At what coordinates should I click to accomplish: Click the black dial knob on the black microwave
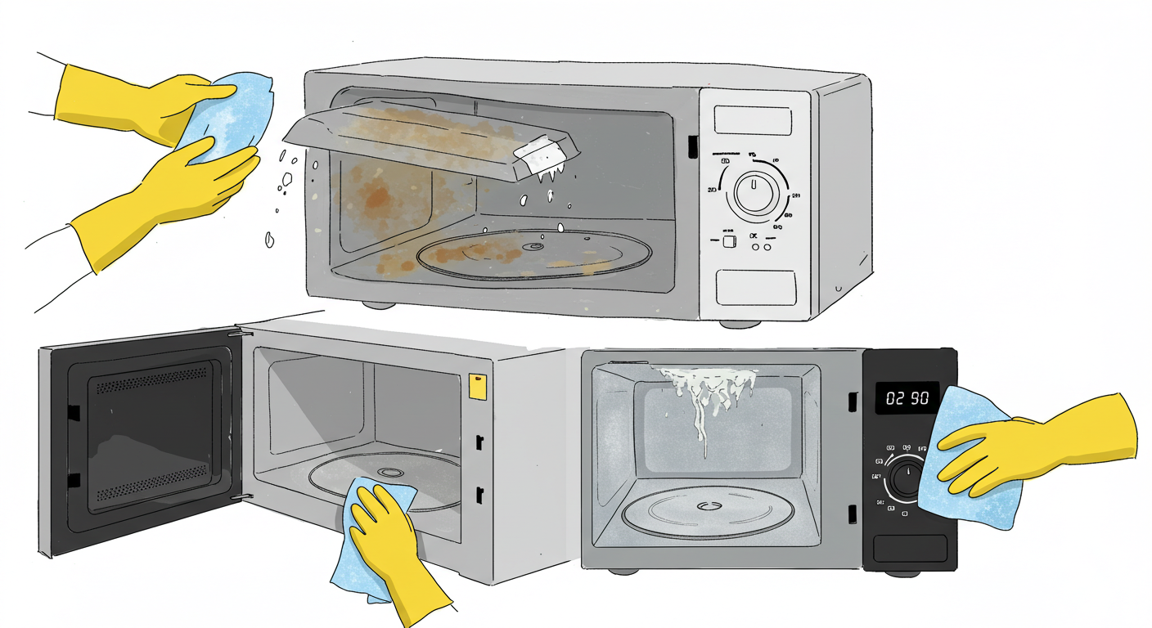pyautogui.click(x=907, y=478)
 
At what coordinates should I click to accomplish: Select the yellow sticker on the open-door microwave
pyautogui.click(x=475, y=386)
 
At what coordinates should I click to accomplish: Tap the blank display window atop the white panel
pyautogui.click(x=752, y=120)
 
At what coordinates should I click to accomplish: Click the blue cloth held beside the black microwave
pyautogui.click(x=965, y=458)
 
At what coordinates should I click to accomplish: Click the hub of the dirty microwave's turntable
pyautogui.click(x=536, y=246)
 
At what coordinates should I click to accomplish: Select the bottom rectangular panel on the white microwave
pyautogui.click(x=755, y=289)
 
